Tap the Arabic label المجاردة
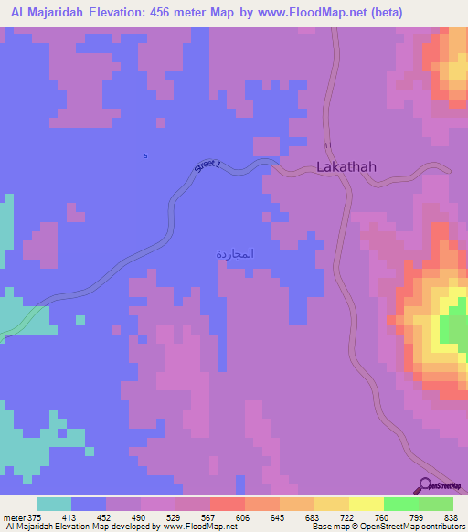click(x=234, y=252)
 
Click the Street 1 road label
click(x=208, y=167)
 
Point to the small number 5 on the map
click(x=145, y=155)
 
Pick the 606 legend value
click(x=242, y=516)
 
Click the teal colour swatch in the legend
click(x=54, y=504)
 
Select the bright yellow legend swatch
click(x=366, y=504)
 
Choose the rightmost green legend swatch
click(x=436, y=504)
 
